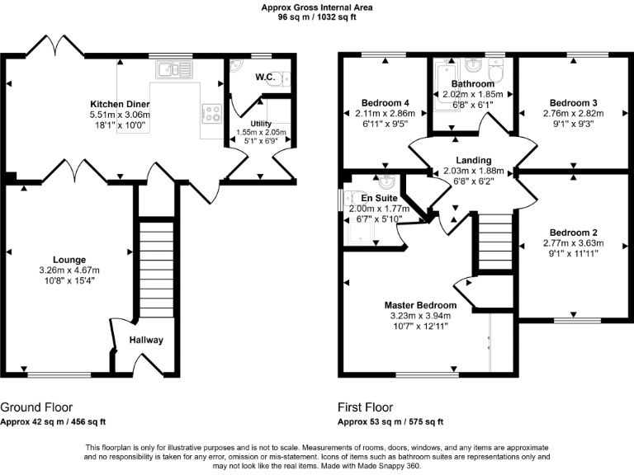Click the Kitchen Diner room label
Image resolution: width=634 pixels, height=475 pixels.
(x=121, y=104)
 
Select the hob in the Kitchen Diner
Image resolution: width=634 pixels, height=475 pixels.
(x=210, y=111)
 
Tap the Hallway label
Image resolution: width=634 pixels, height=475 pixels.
(x=146, y=340)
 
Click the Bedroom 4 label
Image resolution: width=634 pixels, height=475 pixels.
(x=387, y=102)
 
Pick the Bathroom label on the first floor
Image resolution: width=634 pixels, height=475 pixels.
(x=472, y=84)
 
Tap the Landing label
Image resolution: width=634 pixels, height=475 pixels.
(x=473, y=160)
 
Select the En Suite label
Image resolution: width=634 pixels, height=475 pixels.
(x=380, y=199)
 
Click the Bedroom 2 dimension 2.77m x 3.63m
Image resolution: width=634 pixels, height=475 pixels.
(x=574, y=243)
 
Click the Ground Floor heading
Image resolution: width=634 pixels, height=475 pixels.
(x=36, y=407)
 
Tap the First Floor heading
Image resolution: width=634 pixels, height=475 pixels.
(x=365, y=407)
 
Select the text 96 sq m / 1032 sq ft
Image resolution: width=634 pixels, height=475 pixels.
(x=316, y=16)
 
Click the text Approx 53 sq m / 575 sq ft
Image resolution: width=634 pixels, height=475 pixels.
(x=390, y=422)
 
